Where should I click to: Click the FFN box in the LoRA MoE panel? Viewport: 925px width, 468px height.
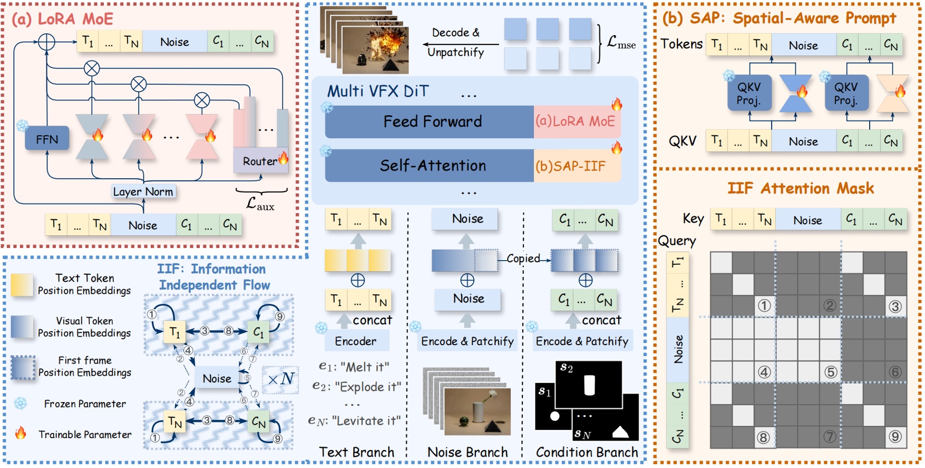(x=47, y=139)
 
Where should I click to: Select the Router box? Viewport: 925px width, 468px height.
(x=260, y=161)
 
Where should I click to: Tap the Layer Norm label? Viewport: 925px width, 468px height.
(x=143, y=192)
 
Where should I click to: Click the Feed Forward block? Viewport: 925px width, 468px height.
(x=432, y=121)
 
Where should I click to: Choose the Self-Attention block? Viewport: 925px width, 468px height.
(x=432, y=166)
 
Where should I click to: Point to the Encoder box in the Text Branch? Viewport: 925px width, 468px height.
(x=355, y=341)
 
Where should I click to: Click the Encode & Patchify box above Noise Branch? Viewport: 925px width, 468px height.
(x=467, y=341)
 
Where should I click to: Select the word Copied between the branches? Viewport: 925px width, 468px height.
(x=523, y=259)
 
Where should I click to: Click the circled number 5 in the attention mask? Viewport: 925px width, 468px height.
(x=831, y=372)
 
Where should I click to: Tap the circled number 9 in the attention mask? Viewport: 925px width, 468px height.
(x=895, y=436)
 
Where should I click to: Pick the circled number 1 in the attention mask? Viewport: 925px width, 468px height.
(x=764, y=305)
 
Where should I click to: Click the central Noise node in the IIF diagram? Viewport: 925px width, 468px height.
(x=217, y=378)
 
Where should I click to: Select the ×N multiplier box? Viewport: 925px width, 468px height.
(x=280, y=379)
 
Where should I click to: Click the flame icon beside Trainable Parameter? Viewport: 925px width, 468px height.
(x=21, y=433)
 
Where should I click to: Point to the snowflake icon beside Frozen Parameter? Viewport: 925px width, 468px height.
(x=21, y=404)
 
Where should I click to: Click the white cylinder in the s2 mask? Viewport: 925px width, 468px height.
(x=589, y=385)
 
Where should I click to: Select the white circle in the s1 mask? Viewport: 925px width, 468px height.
(x=554, y=416)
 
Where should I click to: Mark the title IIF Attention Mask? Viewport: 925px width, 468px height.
(x=800, y=188)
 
